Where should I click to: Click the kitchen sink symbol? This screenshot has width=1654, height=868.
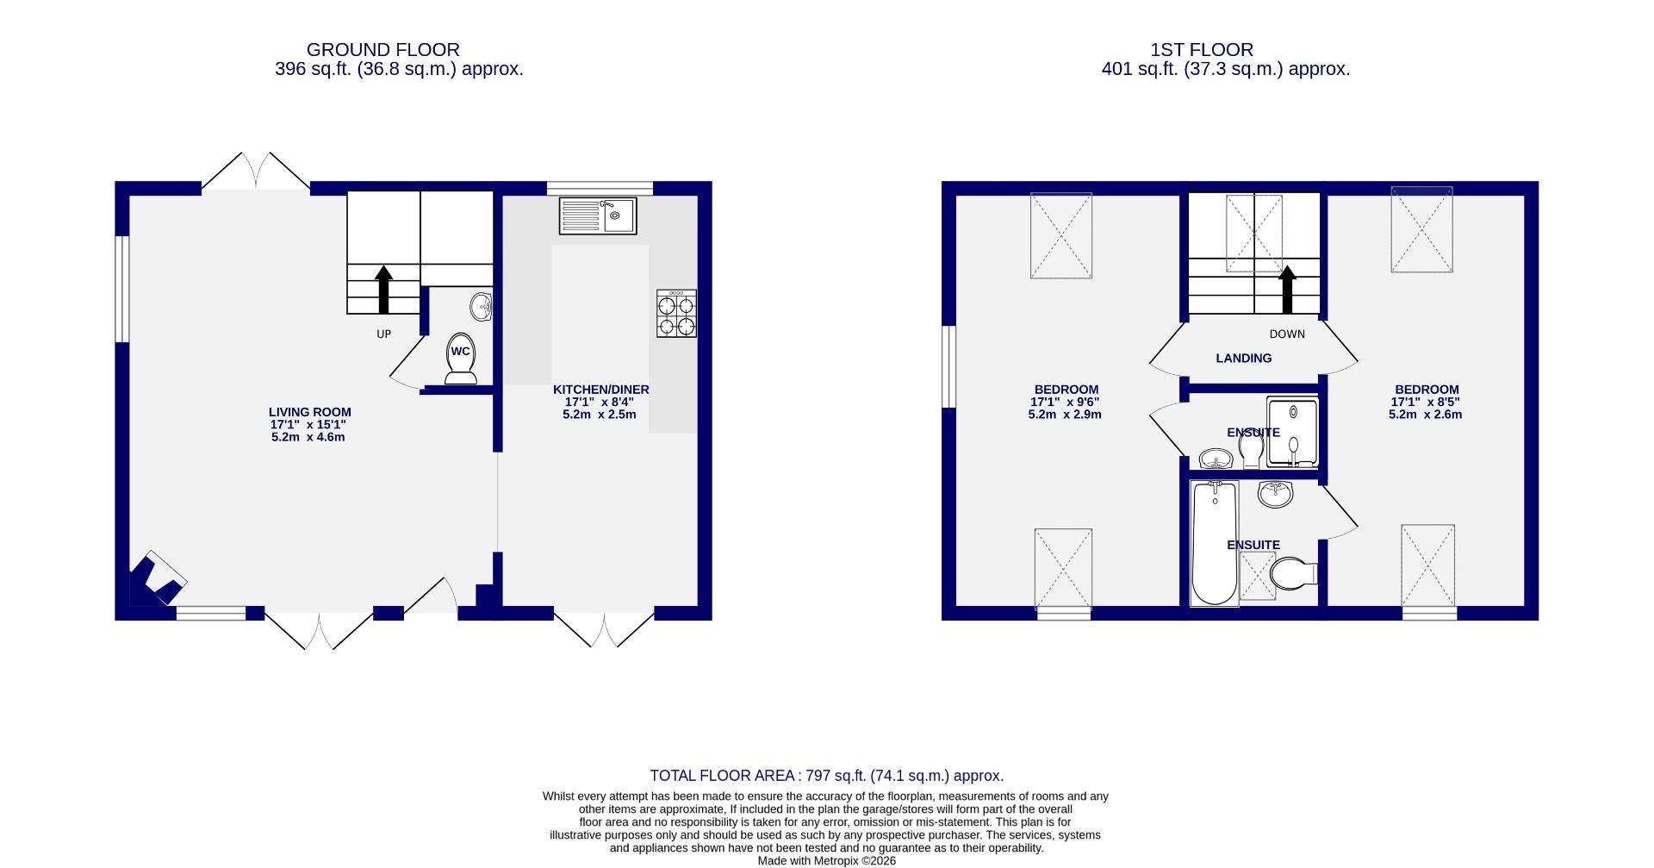[x=597, y=215]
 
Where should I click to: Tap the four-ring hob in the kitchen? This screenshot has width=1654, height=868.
[x=676, y=314]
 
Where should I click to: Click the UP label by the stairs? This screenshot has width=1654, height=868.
[x=383, y=334]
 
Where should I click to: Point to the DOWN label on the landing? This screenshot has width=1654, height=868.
[x=1287, y=334]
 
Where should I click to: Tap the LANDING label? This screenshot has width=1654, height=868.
[x=1243, y=359]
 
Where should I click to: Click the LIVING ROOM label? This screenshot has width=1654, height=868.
[x=309, y=412]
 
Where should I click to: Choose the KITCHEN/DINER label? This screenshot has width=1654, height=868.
[x=600, y=390]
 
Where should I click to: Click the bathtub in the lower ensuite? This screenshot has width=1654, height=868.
[x=1213, y=543]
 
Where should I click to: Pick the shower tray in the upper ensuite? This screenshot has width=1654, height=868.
[x=1292, y=432]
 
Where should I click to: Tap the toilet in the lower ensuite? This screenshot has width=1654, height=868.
[x=1293, y=572]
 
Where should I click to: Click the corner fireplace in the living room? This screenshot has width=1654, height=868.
[x=155, y=579]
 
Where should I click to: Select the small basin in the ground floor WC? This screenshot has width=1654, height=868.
[x=482, y=306]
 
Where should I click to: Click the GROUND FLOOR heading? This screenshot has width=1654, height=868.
[x=382, y=50]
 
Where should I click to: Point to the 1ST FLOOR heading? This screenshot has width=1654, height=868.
[x=1225, y=50]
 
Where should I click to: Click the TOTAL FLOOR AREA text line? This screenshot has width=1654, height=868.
[x=826, y=776]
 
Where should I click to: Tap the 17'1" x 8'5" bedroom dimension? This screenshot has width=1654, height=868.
[x=1425, y=402]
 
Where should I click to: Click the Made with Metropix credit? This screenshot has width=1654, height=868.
[x=826, y=860]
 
